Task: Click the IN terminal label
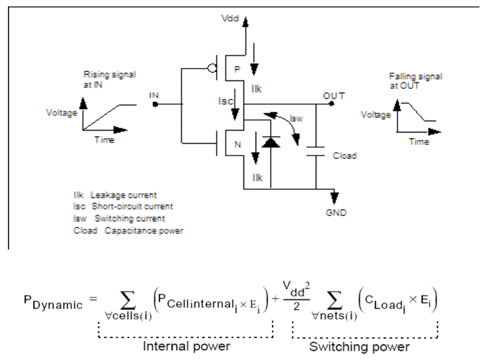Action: [x=153, y=95]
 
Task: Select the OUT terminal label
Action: [x=334, y=96]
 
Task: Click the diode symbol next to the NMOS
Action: [x=268, y=139]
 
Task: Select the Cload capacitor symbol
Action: [x=315, y=151]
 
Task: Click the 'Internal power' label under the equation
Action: [x=186, y=347]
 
